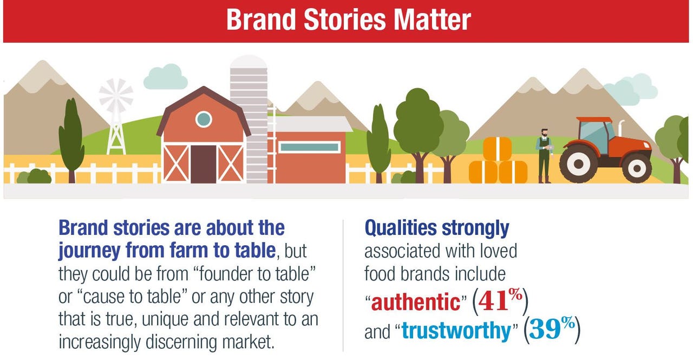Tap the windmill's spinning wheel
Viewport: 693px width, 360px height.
(116, 96)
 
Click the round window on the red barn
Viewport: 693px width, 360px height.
(204, 119)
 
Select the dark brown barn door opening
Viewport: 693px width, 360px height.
(204, 164)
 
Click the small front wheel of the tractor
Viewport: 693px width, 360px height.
(637, 167)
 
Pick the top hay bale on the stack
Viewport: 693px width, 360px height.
(498, 148)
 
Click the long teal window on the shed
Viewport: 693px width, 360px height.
(310, 147)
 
